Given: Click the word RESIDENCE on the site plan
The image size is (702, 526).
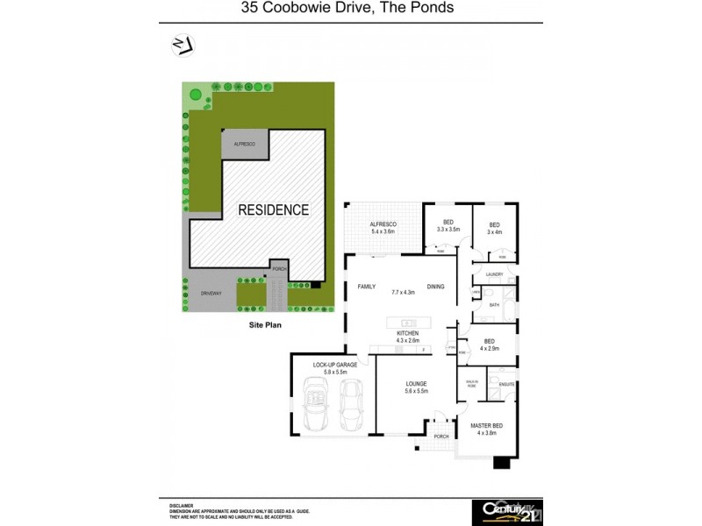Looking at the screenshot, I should (274, 210).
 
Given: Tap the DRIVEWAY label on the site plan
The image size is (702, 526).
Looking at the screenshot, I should (210, 293).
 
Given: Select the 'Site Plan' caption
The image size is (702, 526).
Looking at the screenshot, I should (263, 323).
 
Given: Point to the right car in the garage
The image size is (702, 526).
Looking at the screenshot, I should (352, 402).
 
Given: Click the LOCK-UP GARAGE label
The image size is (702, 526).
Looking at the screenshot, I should (333, 365).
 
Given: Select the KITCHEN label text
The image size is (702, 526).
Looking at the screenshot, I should (407, 333).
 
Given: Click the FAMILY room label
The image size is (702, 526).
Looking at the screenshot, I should (368, 287).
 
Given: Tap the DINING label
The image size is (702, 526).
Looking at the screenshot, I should (436, 287).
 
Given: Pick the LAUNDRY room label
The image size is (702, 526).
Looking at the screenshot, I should (493, 274).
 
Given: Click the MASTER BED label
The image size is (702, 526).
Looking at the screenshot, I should (486, 426).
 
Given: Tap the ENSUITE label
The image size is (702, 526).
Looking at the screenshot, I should (506, 384).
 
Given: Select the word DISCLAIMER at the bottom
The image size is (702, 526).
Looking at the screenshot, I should (181, 506).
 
